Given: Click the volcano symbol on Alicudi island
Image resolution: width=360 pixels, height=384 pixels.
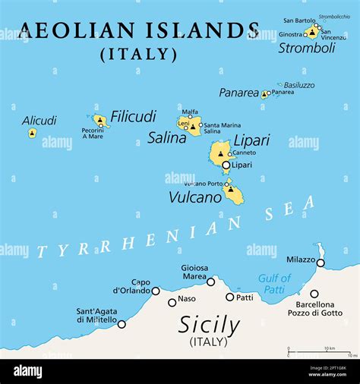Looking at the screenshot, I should pos(32,134).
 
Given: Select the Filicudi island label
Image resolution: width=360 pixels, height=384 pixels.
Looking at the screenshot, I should pos(133,117).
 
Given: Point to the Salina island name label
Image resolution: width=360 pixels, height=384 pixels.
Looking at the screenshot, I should pos(167,137).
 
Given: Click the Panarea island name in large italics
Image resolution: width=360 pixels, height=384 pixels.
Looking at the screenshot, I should pos(238,93).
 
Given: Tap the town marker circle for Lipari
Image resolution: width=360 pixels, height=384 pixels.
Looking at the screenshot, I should pos(226,165).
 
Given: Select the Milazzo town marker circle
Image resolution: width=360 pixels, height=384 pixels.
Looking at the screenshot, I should pos(321,263).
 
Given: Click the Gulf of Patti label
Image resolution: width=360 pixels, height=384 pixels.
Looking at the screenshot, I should pos(274,283).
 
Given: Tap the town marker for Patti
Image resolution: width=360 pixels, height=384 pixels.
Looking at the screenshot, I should pos(229,297).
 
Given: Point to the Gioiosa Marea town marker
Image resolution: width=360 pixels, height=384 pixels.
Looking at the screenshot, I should pos(210,282).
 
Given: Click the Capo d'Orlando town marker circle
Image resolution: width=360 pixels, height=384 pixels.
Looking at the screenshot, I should pos(156,291).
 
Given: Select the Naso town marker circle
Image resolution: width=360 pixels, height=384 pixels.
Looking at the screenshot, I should pos(172,302).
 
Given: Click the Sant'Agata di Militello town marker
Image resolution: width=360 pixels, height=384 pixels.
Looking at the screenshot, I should pos(122,324).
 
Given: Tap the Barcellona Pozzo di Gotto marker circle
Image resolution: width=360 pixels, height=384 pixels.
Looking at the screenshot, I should pos(314,294).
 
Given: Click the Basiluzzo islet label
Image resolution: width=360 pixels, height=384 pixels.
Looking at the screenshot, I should pos(298,85).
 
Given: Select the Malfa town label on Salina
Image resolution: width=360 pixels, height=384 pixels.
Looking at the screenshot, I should pos(190,112).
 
